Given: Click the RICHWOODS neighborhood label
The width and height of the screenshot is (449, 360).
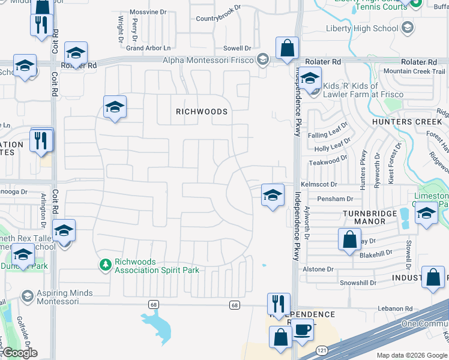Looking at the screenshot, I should (202, 112).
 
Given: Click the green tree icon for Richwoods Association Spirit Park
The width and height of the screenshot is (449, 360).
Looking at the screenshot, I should (106, 264).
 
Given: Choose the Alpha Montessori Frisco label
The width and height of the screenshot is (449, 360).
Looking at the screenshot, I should (209, 59).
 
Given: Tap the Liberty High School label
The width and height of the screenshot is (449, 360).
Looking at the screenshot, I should (362, 28).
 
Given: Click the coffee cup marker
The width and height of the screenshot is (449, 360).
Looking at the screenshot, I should (303, 329).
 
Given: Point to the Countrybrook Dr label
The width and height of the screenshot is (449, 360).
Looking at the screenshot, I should (218, 19).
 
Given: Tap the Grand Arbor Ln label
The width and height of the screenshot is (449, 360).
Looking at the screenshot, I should (148, 48).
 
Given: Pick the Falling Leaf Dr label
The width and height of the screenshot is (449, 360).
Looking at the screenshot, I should (328, 134).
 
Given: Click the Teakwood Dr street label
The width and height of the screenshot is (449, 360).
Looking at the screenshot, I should (328, 162).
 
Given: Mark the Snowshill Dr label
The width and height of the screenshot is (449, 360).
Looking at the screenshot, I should (358, 283).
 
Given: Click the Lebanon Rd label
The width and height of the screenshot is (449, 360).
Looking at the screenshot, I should (395, 308).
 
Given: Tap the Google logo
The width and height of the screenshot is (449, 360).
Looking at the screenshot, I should (19, 353).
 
